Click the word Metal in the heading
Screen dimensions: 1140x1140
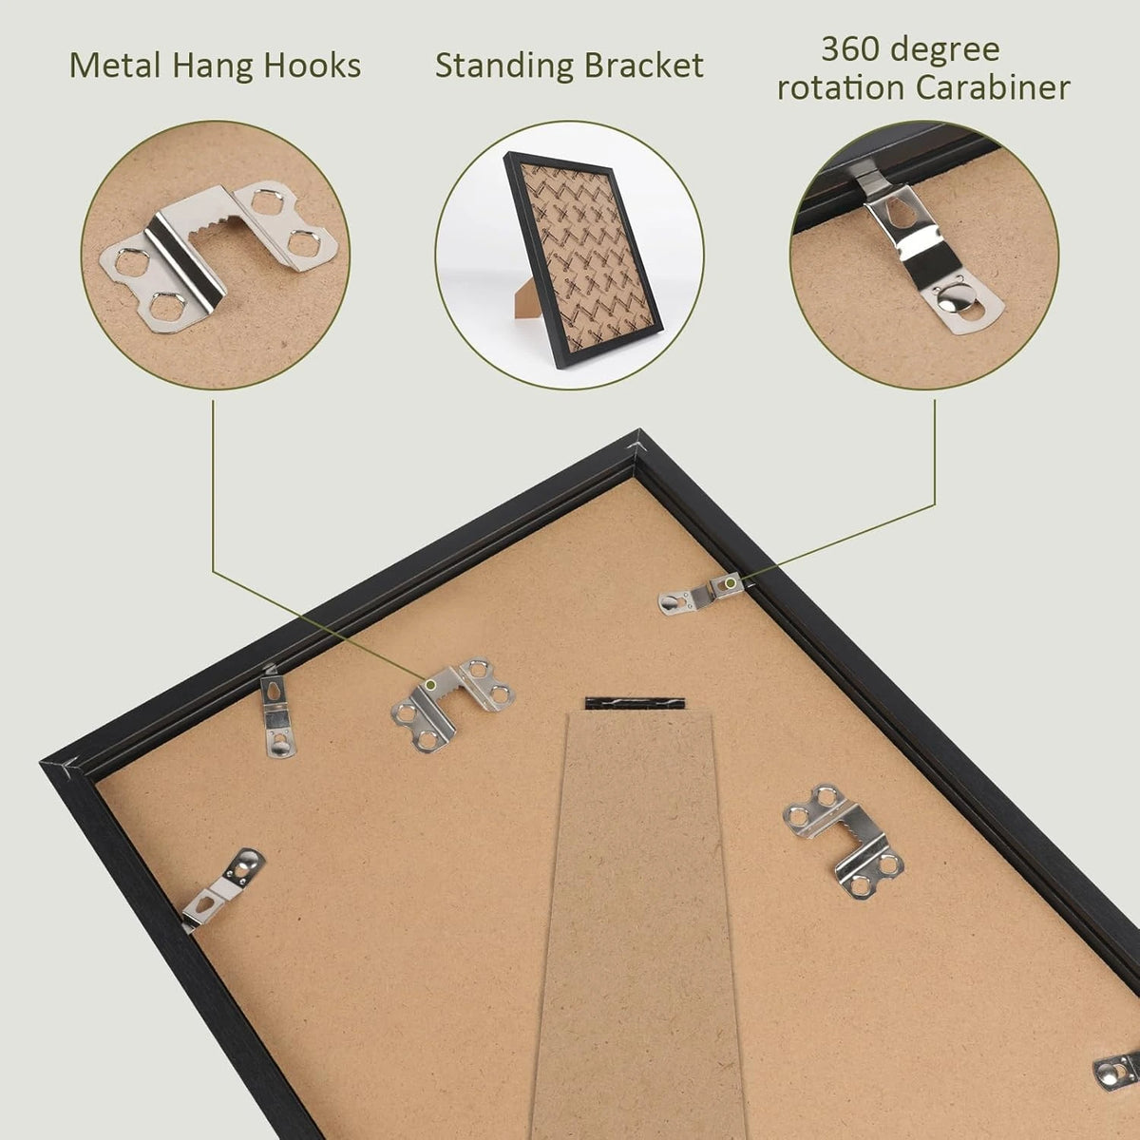tap(115, 66)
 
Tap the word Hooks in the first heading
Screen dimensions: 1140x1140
tap(312, 66)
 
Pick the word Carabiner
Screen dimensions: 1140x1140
tap(993, 88)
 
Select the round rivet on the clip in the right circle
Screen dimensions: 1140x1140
tap(953, 303)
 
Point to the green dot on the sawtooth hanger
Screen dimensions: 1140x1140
tap(432, 684)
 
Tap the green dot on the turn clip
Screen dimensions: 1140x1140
tap(731, 584)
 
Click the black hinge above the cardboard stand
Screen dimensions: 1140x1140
tap(635, 703)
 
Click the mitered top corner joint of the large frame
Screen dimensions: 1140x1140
tap(636, 442)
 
